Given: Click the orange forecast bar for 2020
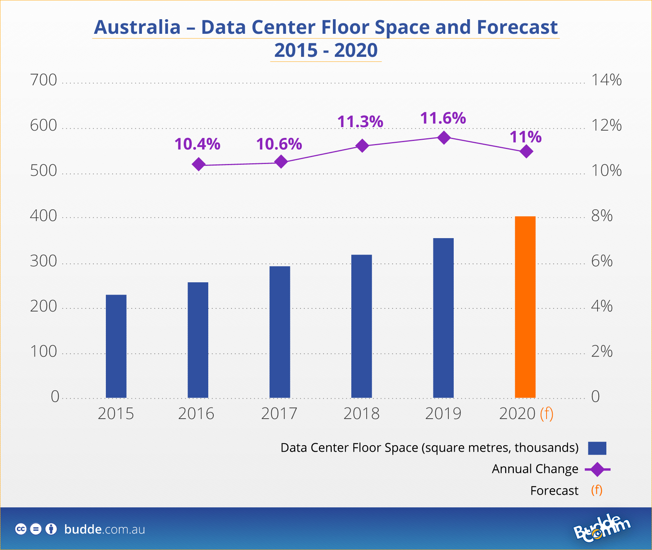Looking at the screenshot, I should coord(525,307).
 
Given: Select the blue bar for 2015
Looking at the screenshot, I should coord(116,346).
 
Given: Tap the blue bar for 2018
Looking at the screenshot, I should coord(361,326).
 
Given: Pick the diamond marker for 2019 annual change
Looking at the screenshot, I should coord(444,137).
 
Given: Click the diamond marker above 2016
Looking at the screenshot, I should coord(198,164).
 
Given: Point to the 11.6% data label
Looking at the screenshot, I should coord(443,118).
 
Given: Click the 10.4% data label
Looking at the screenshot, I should coord(197,144).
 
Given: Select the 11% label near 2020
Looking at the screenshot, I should coord(525,137).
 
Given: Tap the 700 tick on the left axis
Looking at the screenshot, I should coord(43,80).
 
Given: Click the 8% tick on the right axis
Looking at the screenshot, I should coord(602,216).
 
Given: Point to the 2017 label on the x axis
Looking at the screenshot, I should coord(279,414).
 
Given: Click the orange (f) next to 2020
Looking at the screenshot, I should coord(547,414).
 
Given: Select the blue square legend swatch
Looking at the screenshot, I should coord(597,448).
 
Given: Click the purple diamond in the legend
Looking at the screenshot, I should coord(597,469).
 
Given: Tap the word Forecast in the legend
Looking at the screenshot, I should coord(554,491).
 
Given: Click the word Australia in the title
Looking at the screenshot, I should coord(137,27).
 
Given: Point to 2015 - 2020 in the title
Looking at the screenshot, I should coord(326,51).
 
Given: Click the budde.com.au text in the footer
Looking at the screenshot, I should coord(105,529).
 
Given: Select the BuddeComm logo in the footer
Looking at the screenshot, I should coord(602,529).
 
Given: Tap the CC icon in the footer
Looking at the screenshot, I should coord(21,529).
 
